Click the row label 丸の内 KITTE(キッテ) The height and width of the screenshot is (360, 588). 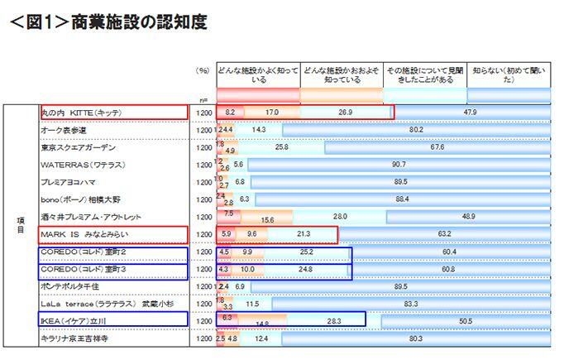(x=82, y=112)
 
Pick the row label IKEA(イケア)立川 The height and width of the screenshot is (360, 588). (x=75, y=320)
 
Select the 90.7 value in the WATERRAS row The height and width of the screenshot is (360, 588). (x=399, y=165)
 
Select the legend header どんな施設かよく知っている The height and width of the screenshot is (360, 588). (x=256, y=76)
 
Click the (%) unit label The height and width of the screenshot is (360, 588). (x=202, y=71)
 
